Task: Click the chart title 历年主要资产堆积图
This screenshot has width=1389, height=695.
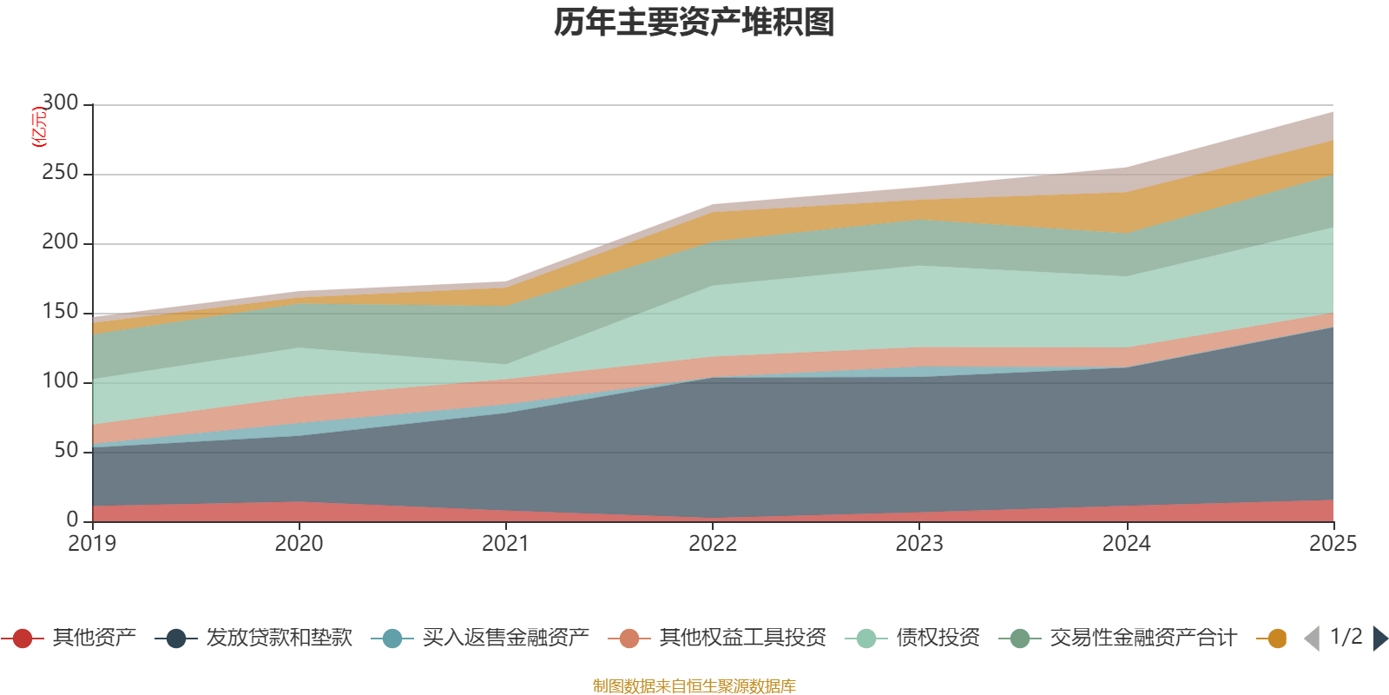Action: (694, 23)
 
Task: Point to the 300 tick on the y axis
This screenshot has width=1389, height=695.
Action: (60, 103)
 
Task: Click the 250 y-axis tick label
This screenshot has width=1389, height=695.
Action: (60, 173)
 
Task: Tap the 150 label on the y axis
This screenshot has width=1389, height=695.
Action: (60, 312)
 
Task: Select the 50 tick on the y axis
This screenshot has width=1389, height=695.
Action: (66, 451)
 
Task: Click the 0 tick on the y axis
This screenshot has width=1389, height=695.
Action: (73, 520)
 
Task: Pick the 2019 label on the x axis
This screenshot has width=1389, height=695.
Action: (92, 544)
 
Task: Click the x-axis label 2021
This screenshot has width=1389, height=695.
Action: (505, 544)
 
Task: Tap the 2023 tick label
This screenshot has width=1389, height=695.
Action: (919, 544)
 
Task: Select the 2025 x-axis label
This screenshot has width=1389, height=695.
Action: (1333, 544)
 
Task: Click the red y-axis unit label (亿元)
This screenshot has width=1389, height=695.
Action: (39, 127)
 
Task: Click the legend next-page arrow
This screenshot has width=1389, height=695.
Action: (1379, 639)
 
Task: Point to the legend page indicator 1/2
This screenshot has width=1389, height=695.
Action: (1346, 637)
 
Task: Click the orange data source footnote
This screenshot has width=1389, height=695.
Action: (694, 686)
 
